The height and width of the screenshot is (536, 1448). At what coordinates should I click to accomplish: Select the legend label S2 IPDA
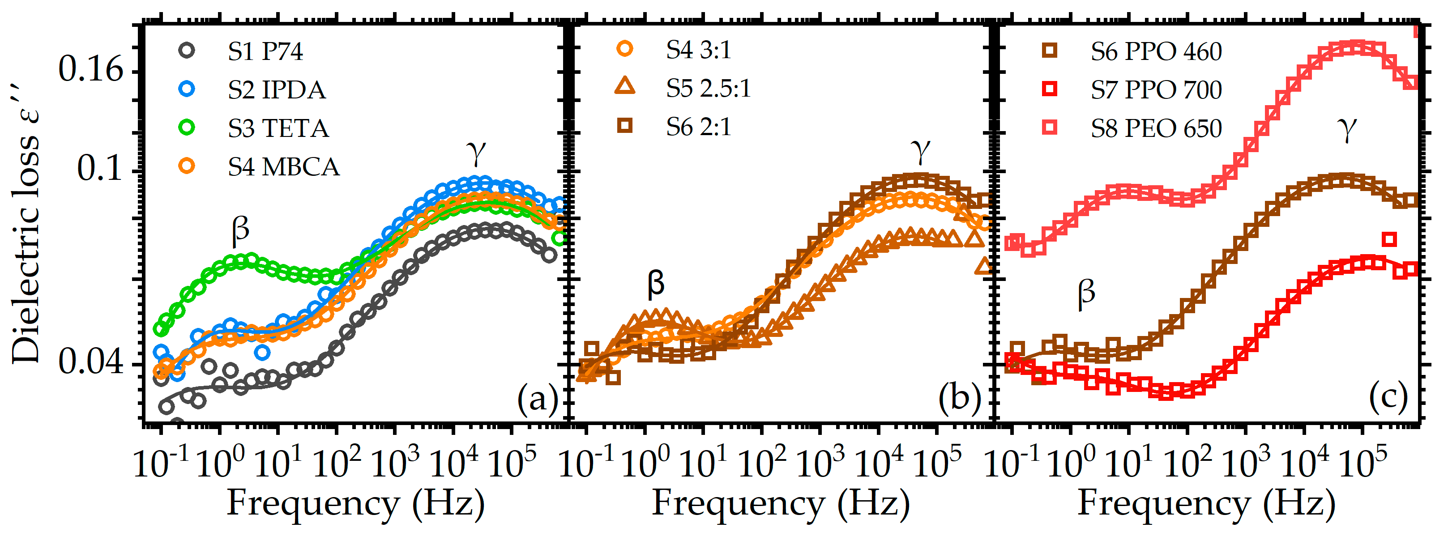pyautogui.click(x=277, y=90)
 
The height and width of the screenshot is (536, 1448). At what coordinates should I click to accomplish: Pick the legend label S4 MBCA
pyautogui.click(x=283, y=167)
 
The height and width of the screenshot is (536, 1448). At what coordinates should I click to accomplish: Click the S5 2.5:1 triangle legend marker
pyautogui.click(x=624, y=86)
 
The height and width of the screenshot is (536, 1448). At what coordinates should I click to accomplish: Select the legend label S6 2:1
pyautogui.click(x=699, y=127)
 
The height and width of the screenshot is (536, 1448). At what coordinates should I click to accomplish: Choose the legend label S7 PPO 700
pyautogui.click(x=1156, y=90)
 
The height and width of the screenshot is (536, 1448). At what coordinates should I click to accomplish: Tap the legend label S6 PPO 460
pyautogui.click(x=1156, y=52)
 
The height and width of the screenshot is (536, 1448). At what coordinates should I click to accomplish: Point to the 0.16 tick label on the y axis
pyautogui.click(x=90, y=70)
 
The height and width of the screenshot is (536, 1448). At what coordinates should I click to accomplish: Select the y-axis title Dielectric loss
pyautogui.click(x=26, y=225)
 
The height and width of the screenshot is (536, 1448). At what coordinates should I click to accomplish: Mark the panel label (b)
pyautogui.click(x=960, y=398)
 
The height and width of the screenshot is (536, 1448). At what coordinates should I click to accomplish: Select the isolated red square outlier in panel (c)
pyautogui.click(x=1389, y=240)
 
